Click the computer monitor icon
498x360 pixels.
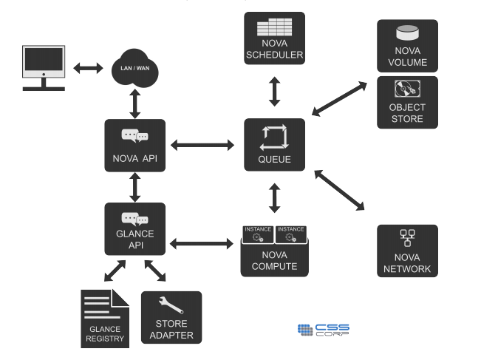[44, 66]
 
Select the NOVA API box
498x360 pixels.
[134, 146]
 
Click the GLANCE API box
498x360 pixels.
[134, 229]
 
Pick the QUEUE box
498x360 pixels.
[274, 145]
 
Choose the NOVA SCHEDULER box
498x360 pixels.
[274, 38]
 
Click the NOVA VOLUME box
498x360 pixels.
[407, 45]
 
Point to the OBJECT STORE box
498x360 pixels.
[407, 102]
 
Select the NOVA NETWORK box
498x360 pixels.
[407, 251]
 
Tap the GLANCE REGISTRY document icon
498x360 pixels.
[105, 319]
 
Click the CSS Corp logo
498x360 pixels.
[324, 330]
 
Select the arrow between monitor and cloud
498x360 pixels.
[88, 68]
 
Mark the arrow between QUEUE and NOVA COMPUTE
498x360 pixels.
[274, 198]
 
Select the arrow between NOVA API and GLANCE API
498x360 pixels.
[134, 188]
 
